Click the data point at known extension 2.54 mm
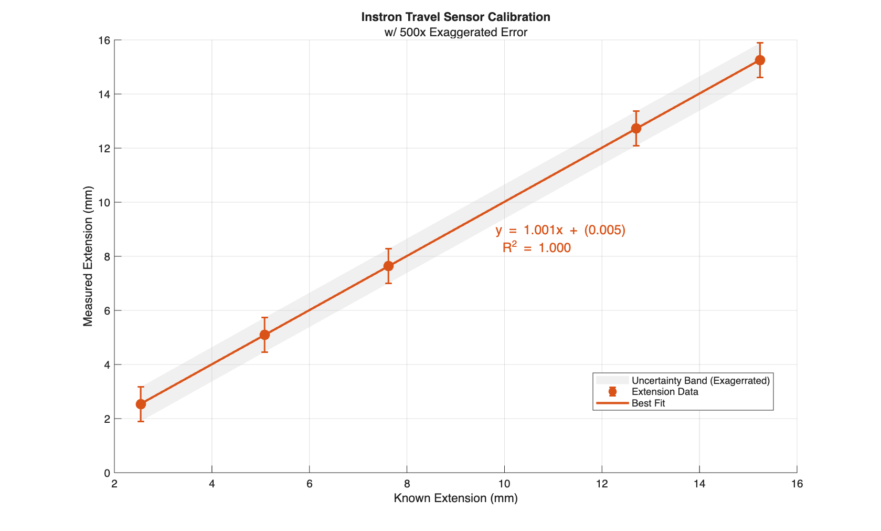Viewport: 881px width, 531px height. tap(141, 404)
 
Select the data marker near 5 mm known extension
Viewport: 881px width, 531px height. tap(264, 335)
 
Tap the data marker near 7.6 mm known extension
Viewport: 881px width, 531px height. tap(388, 266)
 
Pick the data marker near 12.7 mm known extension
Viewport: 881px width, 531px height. tap(636, 128)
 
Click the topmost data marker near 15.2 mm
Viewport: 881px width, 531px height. tap(760, 60)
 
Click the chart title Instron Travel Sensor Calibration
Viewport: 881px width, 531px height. tap(455, 17)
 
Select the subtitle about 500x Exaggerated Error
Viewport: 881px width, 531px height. tap(455, 32)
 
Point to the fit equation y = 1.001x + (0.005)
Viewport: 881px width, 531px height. tap(560, 230)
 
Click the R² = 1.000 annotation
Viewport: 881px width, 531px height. tap(536, 247)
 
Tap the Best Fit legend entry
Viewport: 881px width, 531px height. tap(648, 403)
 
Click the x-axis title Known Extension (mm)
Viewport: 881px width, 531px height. tap(455, 498)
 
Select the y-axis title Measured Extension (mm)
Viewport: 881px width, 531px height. tap(88, 256)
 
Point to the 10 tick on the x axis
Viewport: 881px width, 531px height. tap(504, 484)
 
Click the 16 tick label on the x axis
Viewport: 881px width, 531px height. tap(797, 484)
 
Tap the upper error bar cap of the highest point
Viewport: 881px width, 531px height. tap(760, 43)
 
